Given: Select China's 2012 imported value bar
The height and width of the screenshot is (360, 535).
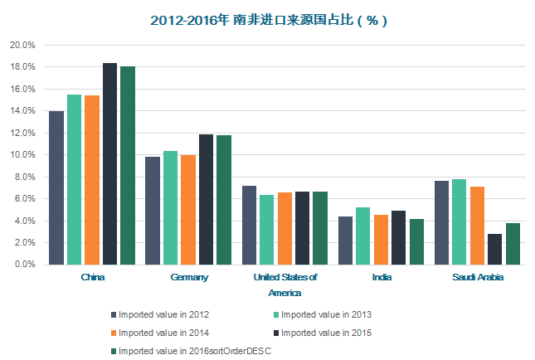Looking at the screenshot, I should click(56, 187).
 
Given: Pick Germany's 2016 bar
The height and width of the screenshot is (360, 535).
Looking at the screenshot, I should click(224, 199).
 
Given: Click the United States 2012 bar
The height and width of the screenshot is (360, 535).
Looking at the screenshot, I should click(249, 225).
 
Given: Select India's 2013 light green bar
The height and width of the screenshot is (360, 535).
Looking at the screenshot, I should click(362, 236).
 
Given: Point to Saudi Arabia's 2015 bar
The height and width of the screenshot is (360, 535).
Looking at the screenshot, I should click(494, 249).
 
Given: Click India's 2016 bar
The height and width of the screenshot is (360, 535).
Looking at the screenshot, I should click(416, 241).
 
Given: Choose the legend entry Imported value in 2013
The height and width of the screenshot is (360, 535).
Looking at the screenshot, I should click(326, 314).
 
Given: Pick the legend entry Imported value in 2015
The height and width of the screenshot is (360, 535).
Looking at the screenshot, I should click(326, 333).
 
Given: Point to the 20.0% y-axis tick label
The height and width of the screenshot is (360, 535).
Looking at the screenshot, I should click(22, 45).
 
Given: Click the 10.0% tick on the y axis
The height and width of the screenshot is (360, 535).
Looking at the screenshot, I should click(22, 155).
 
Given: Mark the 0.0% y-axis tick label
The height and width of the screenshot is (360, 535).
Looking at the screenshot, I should click(23, 265).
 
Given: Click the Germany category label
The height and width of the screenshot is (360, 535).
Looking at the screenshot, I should click(189, 277).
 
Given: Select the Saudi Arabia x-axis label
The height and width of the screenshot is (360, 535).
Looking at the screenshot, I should click(477, 277).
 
